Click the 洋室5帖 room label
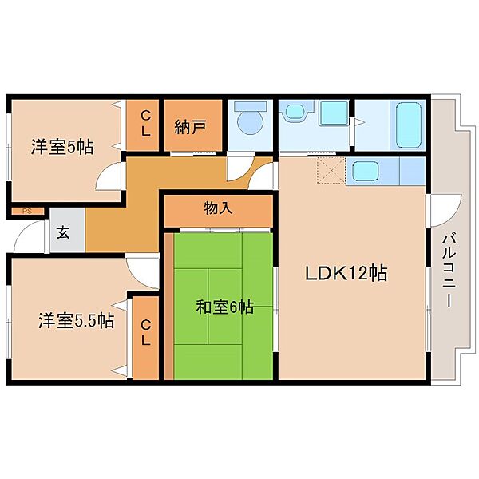62,147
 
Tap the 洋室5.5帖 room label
76,321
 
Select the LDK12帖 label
346,273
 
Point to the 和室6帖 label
224,307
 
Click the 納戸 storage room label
191,126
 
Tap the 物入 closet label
218,208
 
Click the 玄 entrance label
63,233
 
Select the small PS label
27,211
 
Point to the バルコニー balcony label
449,271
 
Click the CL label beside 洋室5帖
146,124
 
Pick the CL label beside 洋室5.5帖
146,333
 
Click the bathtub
409,125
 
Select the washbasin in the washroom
296,111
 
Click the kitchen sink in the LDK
366,172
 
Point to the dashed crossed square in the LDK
331,169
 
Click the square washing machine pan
334,113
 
